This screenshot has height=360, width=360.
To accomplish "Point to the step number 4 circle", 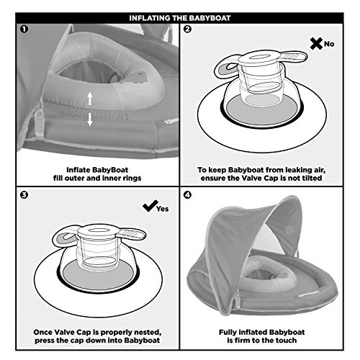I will pos(189,194).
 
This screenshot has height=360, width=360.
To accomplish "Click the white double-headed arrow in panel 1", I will pos(89,109).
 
